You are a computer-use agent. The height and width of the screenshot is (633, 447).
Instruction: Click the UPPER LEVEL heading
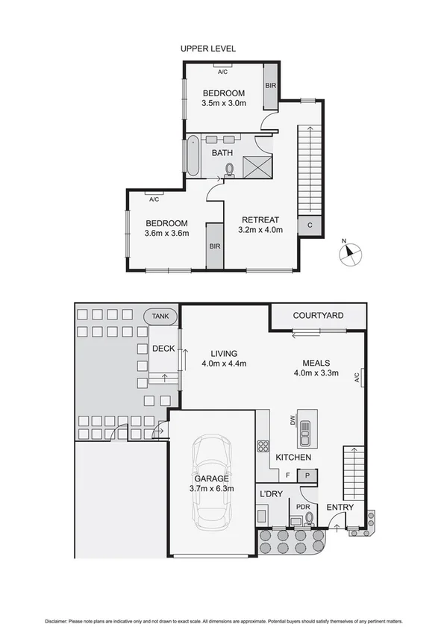[208, 49]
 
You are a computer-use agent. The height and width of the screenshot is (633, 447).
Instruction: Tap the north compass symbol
[348, 254]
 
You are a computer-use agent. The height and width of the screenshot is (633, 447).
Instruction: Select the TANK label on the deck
[160, 316]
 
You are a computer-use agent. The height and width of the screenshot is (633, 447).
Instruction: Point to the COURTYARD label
[318, 316]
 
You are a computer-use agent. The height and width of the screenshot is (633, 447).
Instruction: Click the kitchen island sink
[305, 429]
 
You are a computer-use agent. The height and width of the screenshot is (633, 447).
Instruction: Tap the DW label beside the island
[293, 420]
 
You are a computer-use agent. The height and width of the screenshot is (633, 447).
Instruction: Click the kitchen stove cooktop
[263, 447]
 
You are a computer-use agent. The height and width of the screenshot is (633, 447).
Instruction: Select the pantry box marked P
[307, 474]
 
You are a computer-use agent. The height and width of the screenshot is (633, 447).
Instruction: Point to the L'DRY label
[269, 494]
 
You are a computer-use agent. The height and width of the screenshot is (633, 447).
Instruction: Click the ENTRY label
[341, 508]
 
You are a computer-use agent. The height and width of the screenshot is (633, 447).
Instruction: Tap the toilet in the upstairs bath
[229, 169]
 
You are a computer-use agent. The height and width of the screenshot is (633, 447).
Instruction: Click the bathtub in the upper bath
[193, 155]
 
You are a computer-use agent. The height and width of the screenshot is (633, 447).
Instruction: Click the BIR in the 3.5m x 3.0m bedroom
[270, 86]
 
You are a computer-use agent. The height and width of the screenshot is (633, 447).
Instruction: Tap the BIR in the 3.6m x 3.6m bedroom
[214, 245]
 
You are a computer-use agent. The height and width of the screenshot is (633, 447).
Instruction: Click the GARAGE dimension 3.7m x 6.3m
[213, 489]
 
